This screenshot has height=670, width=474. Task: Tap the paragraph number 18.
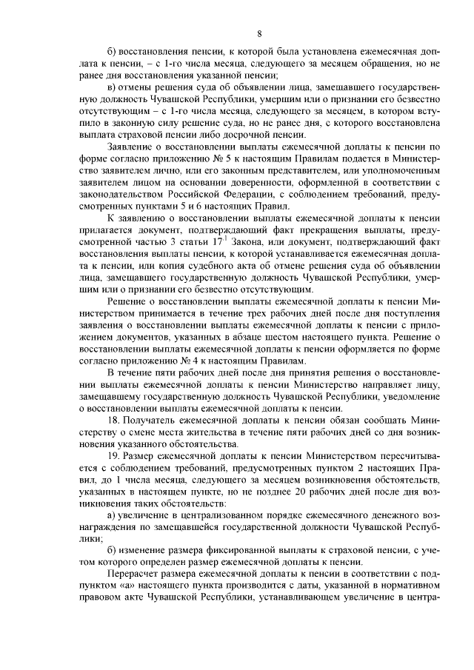pyautogui.click(x=113, y=418)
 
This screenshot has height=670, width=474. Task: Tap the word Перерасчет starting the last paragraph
pyautogui.click(x=135, y=574)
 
